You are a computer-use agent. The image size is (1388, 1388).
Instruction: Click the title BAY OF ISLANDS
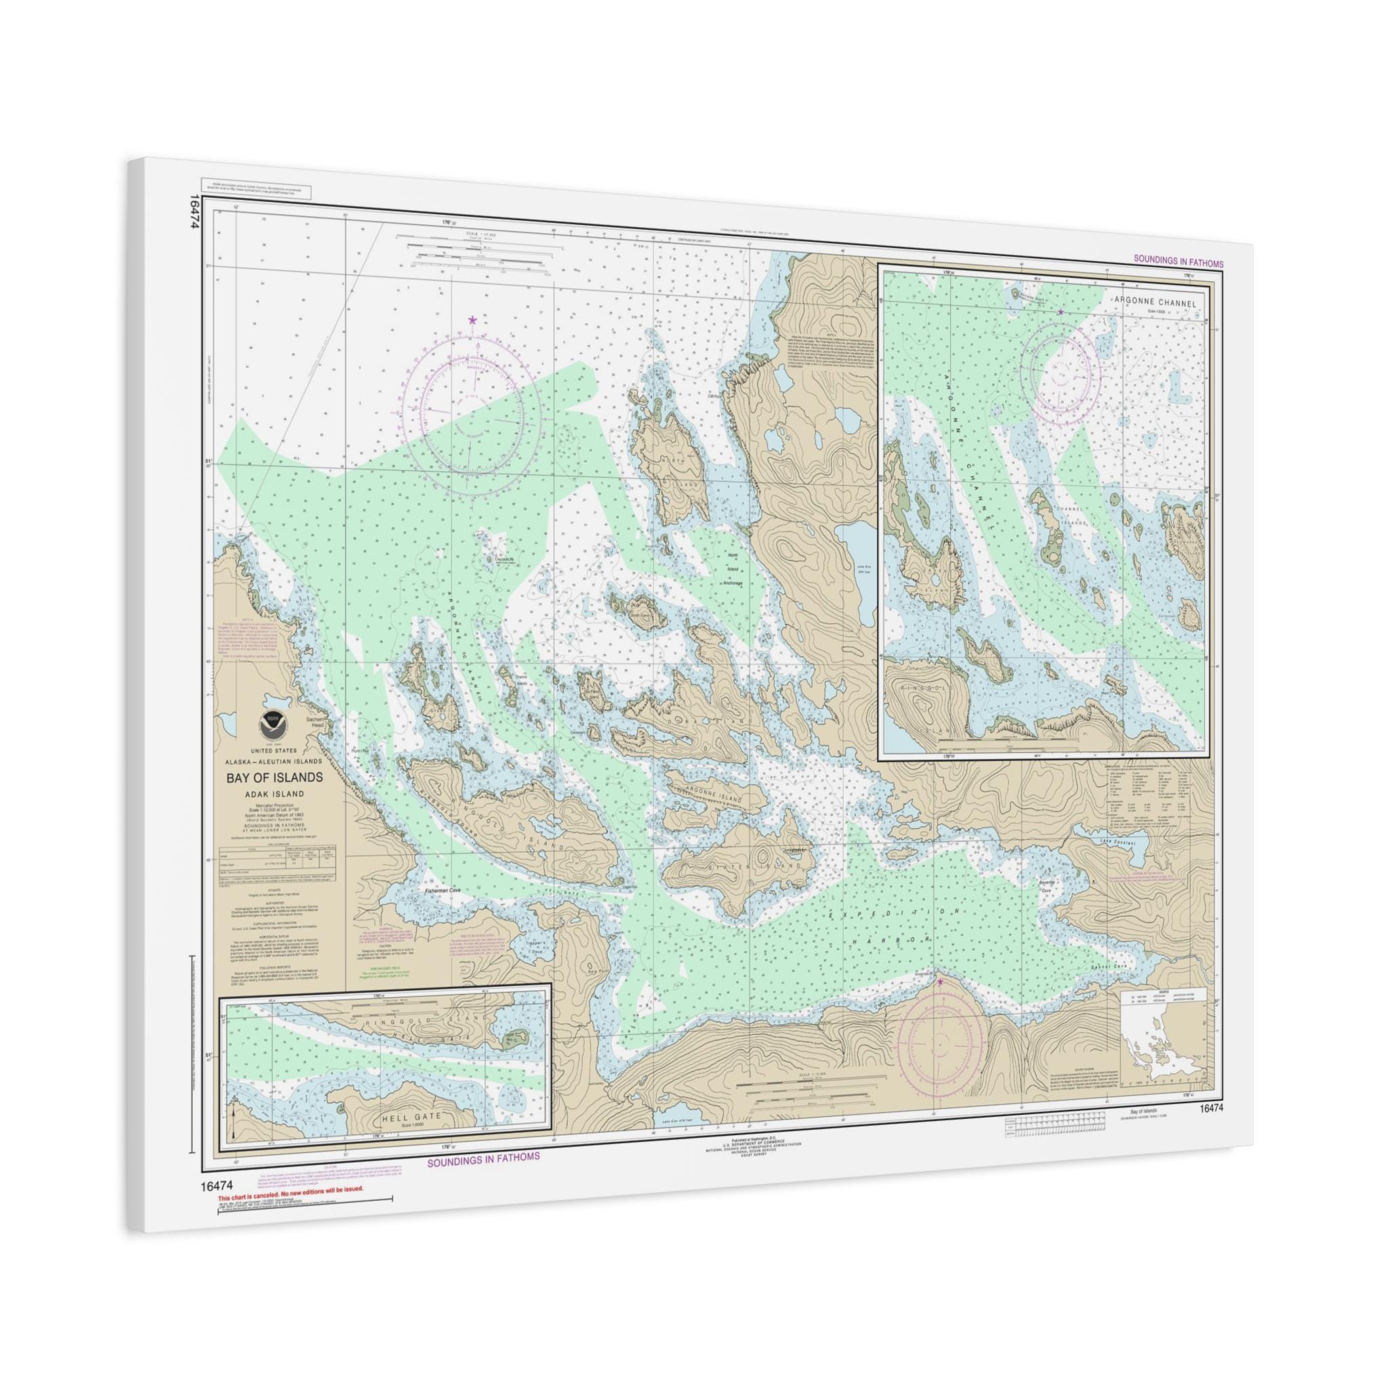[x=274, y=777]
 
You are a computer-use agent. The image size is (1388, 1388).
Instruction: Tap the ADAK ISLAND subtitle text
[x=275, y=794]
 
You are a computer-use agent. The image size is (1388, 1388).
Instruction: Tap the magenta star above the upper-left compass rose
[x=472, y=320]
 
